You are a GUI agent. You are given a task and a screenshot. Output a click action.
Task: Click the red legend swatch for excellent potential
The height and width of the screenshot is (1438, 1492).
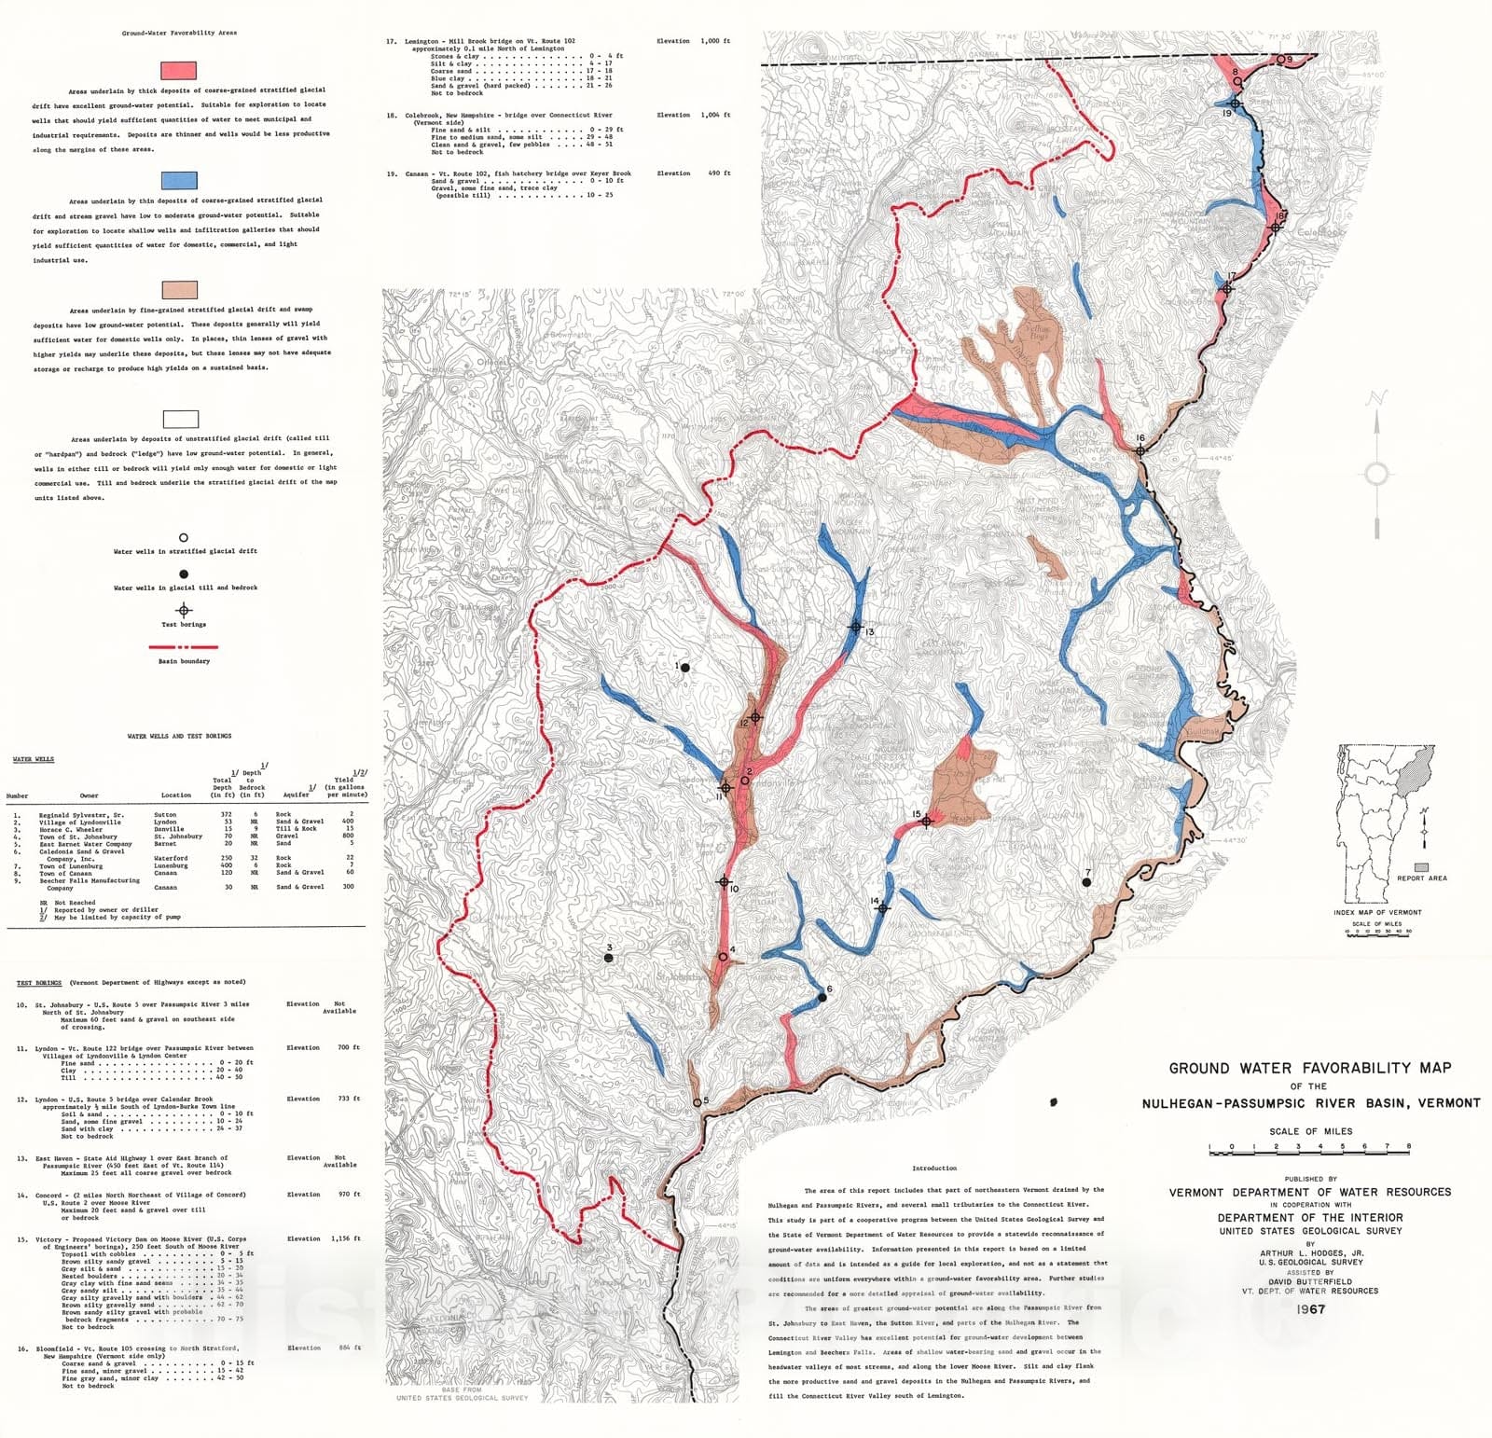coord(178,70)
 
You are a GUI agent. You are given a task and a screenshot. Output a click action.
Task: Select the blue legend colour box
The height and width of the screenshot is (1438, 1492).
coord(178,180)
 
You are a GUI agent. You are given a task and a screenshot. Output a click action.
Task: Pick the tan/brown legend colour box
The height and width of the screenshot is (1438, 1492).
coord(179,290)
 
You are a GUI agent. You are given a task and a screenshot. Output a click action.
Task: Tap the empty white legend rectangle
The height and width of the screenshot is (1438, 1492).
coord(180,419)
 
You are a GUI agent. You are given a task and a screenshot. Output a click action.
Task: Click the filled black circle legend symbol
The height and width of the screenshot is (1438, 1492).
coord(184,574)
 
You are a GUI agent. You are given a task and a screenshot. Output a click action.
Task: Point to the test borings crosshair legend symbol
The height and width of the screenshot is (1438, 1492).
coord(184,611)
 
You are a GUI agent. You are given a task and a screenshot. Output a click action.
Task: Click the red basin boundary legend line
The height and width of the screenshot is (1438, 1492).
coord(184,646)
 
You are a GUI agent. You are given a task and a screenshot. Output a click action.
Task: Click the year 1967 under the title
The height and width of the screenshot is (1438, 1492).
coord(1310,1309)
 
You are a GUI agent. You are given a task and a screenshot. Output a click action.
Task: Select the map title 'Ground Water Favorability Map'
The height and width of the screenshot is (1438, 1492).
coord(1310,1068)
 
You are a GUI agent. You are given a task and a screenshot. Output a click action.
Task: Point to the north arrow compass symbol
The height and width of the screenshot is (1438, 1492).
coord(1376,474)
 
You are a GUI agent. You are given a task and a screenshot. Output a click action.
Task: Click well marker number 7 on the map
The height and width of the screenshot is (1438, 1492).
coord(1086,881)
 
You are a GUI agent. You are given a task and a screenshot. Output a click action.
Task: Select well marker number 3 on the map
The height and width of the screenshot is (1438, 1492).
coord(609,958)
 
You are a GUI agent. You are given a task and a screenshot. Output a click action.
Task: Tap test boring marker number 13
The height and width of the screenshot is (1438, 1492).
coord(855,627)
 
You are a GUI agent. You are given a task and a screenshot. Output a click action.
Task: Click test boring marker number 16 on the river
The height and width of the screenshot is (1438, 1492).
coord(1140,450)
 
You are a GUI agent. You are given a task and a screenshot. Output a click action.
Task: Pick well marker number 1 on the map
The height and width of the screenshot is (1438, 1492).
coord(684,667)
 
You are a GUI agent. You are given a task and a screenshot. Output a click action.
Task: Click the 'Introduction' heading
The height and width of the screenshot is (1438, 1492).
coord(933,1168)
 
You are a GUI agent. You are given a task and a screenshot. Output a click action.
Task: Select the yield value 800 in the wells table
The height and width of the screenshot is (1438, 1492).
coord(349,836)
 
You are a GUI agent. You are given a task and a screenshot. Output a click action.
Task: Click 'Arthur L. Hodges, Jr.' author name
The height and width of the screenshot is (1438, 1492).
coord(1311,1253)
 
